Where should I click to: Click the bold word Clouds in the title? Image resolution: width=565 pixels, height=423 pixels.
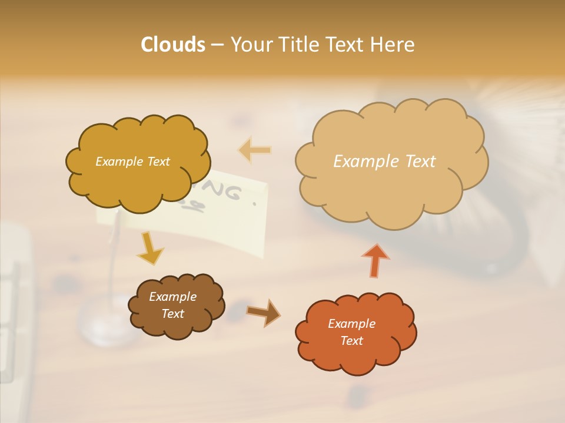[x=173, y=45]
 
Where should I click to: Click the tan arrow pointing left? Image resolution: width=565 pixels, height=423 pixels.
[x=255, y=150]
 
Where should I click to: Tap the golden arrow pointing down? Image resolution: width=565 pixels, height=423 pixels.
[x=151, y=248]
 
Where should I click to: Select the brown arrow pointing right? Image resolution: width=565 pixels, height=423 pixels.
[x=263, y=312]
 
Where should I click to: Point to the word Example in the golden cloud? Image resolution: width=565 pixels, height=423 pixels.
[x=118, y=162]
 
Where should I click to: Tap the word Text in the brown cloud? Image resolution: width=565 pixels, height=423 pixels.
[x=172, y=314]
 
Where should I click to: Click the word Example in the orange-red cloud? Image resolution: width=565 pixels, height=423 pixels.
[x=351, y=324]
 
